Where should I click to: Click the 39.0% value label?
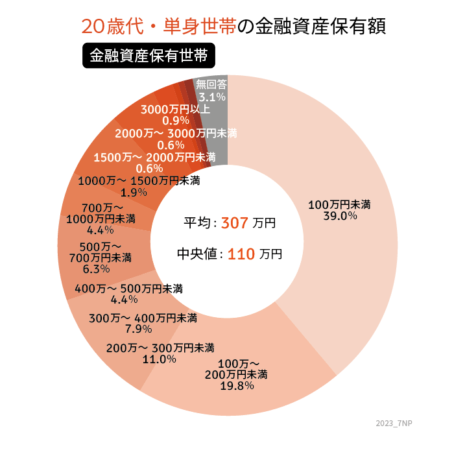pyautogui.click(x=340, y=216)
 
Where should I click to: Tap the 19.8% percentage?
pyautogui.click(x=236, y=385)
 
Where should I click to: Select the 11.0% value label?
pyautogui.click(x=160, y=359)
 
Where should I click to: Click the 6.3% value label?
pyautogui.click(x=97, y=269)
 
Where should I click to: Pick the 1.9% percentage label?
pyautogui.click(x=134, y=192)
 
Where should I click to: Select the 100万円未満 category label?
pyautogui.click(x=339, y=204)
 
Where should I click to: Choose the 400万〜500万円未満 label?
pyautogui.click(x=128, y=289)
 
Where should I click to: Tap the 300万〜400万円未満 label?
pyautogui.click(x=143, y=318)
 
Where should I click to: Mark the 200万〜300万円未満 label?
pyautogui.click(x=160, y=348)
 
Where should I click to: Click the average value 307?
pyautogui.click(x=235, y=222)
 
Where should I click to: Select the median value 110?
pyautogui.click(x=241, y=254)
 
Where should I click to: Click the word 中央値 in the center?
pyautogui.click(x=197, y=254)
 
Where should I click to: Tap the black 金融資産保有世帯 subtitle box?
pyautogui.click(x=149, y=56)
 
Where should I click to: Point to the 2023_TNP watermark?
pyautogui.click(x=394, y=423)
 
